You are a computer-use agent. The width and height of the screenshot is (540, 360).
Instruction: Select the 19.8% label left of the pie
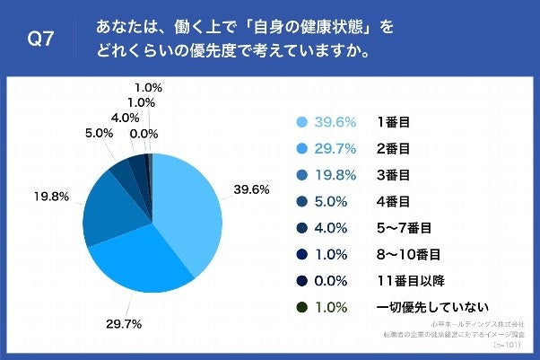(51, 194)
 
